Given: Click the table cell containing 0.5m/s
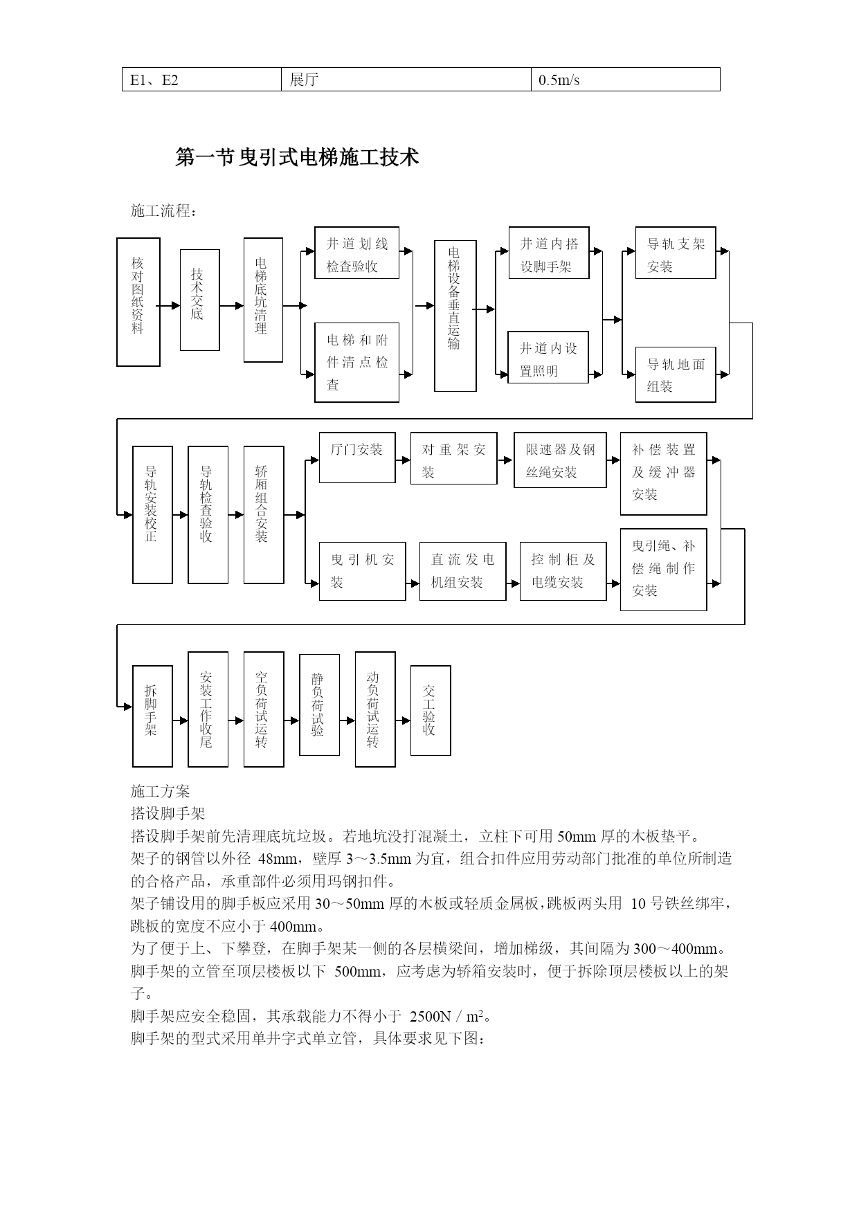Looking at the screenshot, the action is (626, 80).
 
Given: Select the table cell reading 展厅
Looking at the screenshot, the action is (406, 80).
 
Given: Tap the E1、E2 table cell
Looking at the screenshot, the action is (202, 80).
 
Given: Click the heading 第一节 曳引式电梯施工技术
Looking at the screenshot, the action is (298, 157).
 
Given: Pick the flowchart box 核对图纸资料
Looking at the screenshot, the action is (138, 302).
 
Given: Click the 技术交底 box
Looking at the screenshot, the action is (200, 300).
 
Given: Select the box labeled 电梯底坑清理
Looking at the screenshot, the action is (263, 300).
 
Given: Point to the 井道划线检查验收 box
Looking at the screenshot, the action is (356, 253).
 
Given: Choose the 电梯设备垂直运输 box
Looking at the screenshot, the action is (455, 316).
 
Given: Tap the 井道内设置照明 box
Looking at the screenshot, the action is (548, 357).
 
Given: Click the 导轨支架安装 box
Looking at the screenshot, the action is (676, 253).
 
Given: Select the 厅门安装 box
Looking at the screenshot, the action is (357, 457).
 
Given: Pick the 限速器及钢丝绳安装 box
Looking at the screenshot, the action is (560, 460).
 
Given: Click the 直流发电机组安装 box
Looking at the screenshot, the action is (462, 571).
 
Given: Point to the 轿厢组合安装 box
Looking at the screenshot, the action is (264, 515).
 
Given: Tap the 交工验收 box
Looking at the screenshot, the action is (431, 710).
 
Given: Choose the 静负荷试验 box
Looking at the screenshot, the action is (319, 705).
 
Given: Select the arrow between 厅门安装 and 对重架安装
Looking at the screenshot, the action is (403, 460).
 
